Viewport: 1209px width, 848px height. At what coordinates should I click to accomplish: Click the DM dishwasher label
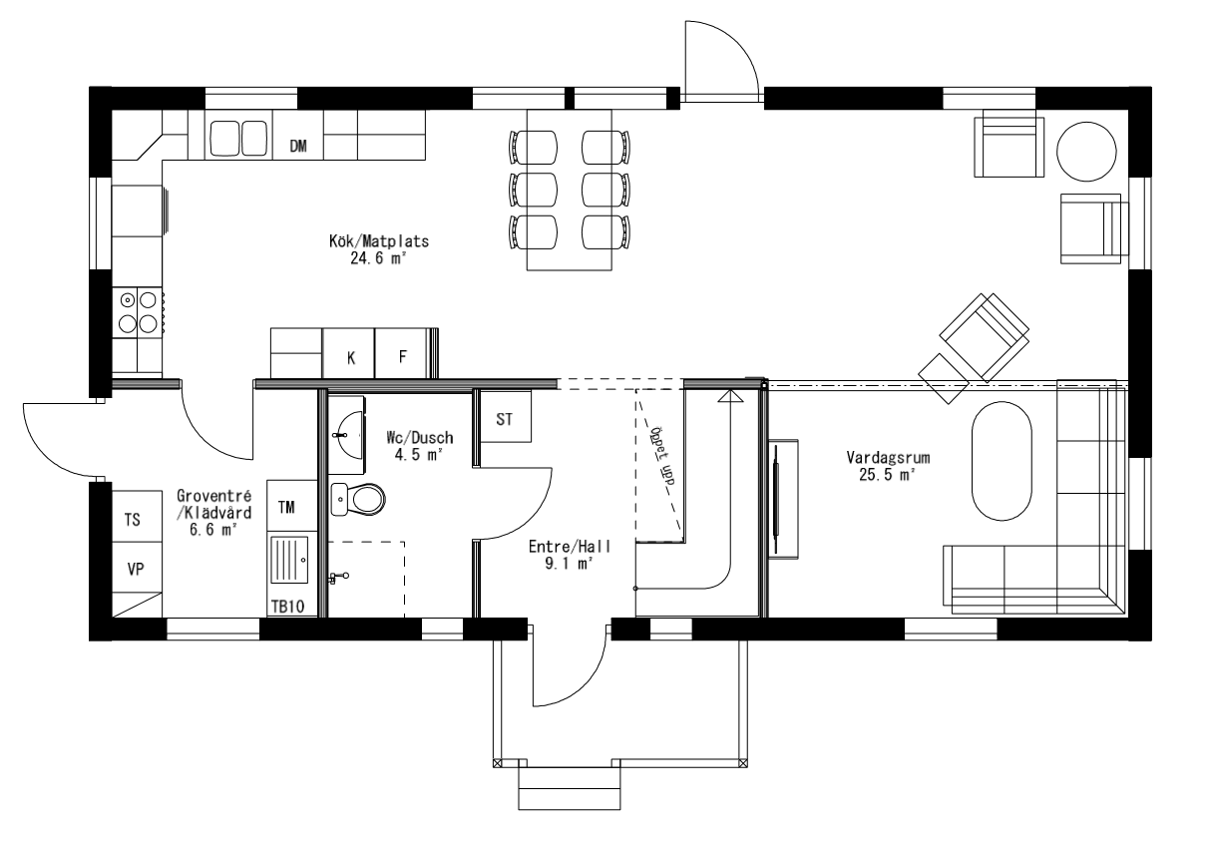(x=298, y=147)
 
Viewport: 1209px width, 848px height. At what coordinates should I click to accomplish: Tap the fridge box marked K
(x=350, y=357)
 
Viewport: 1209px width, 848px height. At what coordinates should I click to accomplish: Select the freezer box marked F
(x=402, y=357)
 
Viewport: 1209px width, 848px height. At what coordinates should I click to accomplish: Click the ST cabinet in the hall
(x=505, y=419)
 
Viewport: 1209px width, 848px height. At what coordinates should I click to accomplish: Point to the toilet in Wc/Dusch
(x=358, y=497)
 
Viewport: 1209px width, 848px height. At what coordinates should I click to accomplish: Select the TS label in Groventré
(x=133, y=520)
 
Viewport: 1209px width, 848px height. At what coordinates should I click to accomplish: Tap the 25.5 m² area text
(x=887, y=475)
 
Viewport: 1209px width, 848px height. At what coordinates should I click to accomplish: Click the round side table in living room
(x=1086, y=150)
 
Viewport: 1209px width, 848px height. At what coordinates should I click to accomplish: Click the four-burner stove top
(x=138, y=310)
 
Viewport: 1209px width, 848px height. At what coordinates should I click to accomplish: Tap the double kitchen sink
(x=239, y=138)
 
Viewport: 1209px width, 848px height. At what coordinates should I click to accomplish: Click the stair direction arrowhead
(x=731, y=398)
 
